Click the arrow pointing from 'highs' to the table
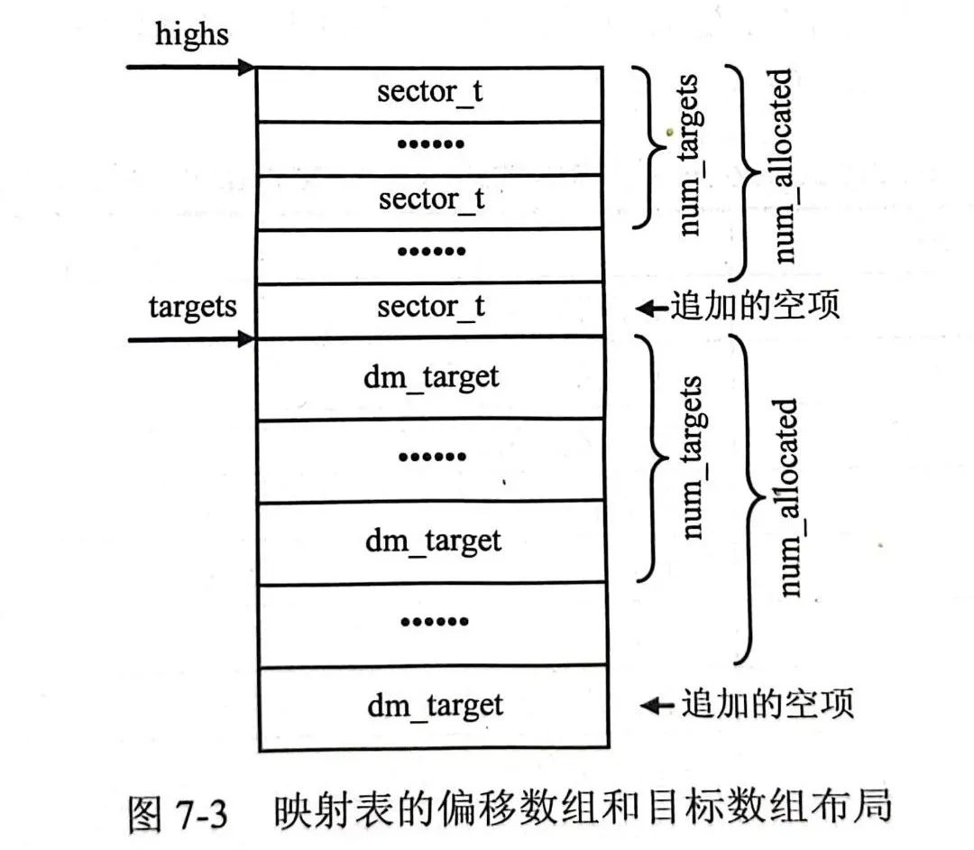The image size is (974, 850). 190,67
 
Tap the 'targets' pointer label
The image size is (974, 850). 192,307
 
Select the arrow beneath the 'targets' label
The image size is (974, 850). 190,339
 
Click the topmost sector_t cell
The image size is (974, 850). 430,93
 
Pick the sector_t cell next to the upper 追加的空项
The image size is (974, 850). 430,307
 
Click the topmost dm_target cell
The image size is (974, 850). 430,376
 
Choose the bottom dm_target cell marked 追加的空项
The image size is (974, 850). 434,705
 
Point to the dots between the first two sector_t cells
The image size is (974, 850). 430,144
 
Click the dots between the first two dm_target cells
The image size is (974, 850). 430,457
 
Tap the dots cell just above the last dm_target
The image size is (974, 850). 434,623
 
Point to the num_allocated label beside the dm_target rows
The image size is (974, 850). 787,496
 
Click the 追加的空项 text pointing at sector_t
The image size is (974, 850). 754,307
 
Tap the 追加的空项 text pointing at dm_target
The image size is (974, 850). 767,703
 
